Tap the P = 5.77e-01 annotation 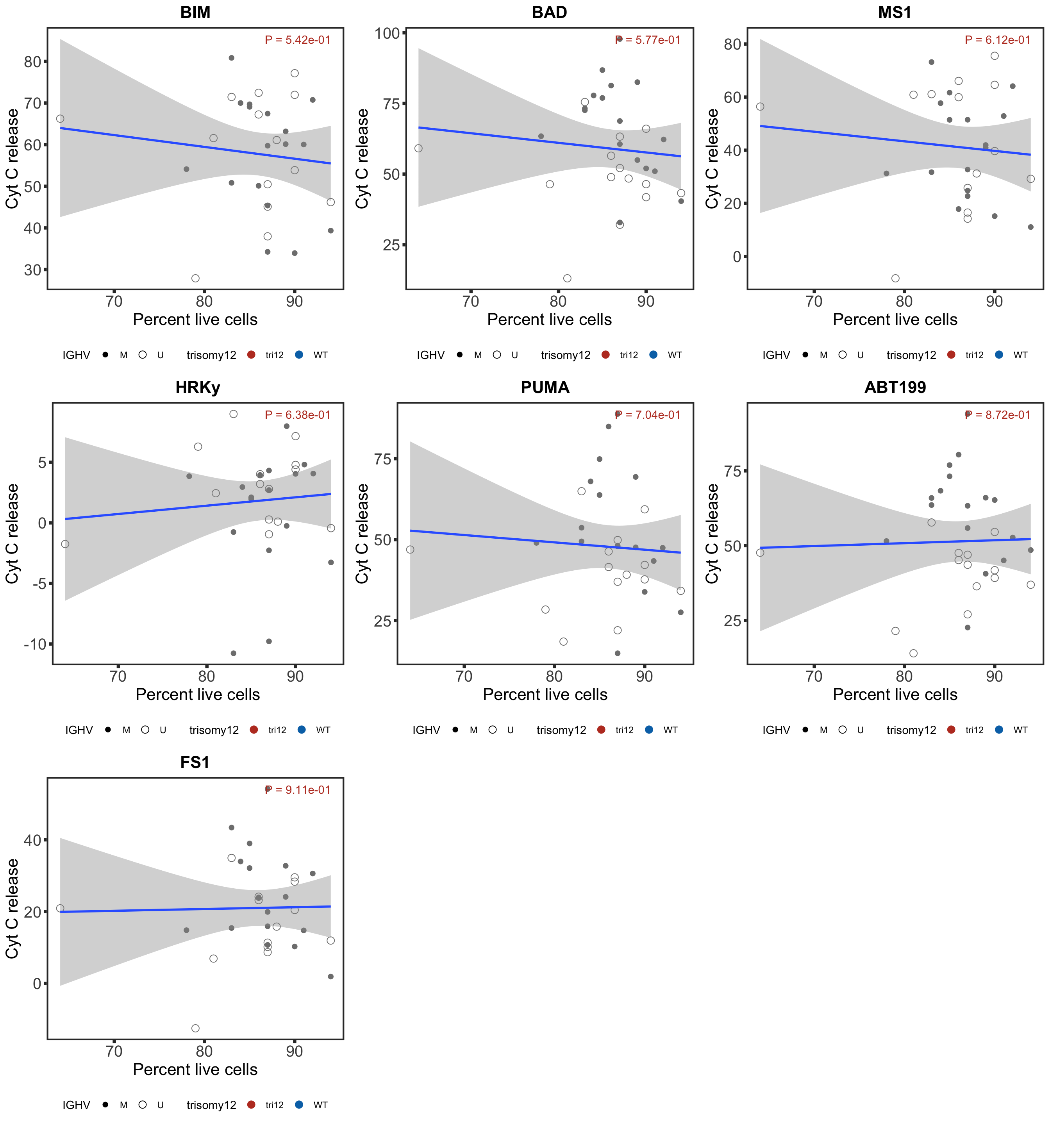(x=648, y=40)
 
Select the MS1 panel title (x=895, y=12)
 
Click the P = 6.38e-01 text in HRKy (x=297, y=415)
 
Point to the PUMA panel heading (x=545, y=387)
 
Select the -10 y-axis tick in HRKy (x=34, y=644)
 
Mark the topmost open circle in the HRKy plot (x=233, y=414)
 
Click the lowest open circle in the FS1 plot (x=195, y=1028)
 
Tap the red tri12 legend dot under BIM (x=251, y=355)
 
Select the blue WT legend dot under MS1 (x=999, y=355)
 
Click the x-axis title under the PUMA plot (x=545, y=695)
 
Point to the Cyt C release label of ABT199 (x=712, y=534)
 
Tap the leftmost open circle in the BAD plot (x=418, y=148)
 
